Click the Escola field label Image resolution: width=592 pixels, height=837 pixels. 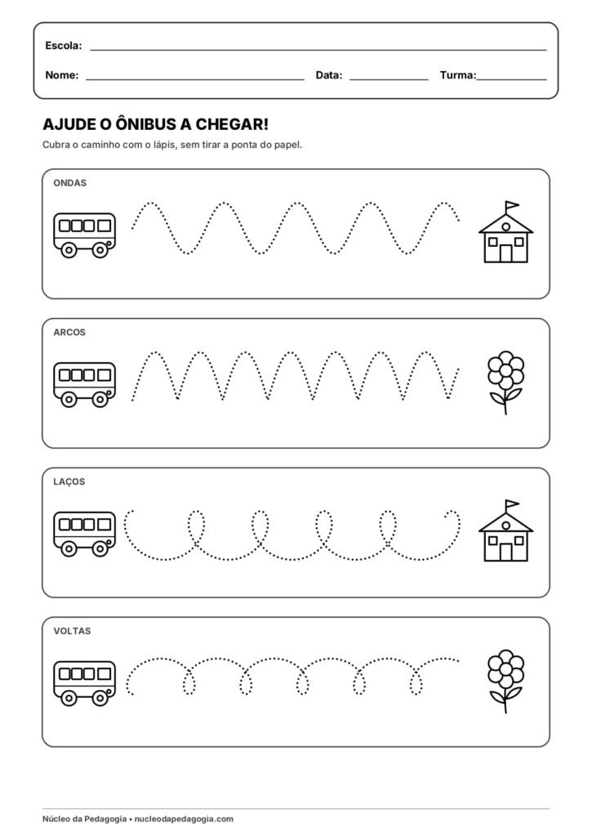point(64,46)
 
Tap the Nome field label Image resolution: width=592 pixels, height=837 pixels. point(62,75)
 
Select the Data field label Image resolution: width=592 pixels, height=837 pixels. point(329,75)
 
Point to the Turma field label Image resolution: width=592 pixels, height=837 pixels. point(458,75)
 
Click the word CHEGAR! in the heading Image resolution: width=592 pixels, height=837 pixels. point(232,124)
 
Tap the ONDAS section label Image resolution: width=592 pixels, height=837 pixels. point(70,183)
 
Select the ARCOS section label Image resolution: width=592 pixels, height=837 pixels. point(69,333)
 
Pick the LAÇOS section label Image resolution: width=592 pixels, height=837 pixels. point(69,481)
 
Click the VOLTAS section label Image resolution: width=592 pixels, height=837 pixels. point(72,631)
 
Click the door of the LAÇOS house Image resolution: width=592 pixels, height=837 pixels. point(505,552)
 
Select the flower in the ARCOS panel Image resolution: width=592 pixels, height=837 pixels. point(505,383)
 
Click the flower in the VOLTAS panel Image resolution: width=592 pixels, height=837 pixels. point(505,681)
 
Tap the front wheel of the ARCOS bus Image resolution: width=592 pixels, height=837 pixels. point(100,399)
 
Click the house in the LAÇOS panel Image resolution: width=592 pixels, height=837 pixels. point(505,530)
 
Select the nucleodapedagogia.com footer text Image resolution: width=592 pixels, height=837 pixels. point(184,819)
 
